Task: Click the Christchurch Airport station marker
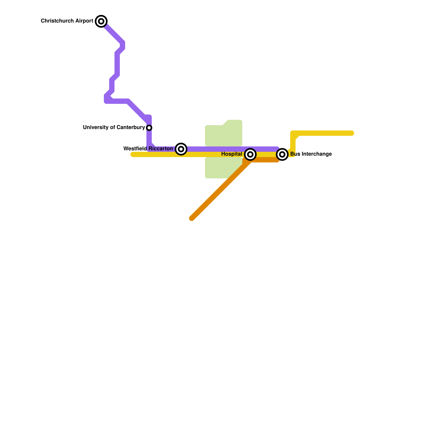coord(101,21)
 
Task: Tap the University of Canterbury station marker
coord(149,128)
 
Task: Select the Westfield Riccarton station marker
coord(181,149)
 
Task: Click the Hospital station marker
coord(250,154)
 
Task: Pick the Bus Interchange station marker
coord(282,154)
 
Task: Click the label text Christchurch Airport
coord(67,21)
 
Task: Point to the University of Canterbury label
coord(114,128)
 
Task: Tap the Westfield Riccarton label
coord(148,149)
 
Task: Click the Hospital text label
coord(231,154)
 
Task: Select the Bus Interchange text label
coord(311,154)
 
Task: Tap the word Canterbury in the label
coord(131,128)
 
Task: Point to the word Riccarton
coord(161,149)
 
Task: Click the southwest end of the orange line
coord(192,218)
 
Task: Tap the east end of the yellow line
coord(351,133)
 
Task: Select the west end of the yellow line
coord(133,154)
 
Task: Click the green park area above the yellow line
coord(224,134)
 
